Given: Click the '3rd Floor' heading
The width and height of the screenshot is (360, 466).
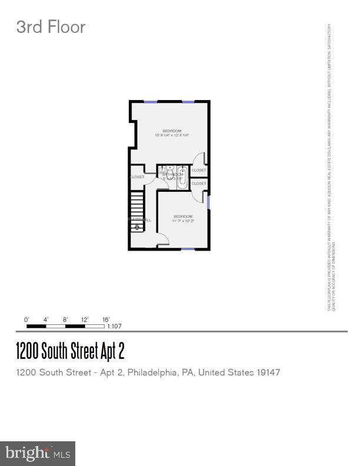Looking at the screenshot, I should [x=51, y=27].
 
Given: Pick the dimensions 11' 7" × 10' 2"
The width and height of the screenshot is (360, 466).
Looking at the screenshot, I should [x=183, y=221].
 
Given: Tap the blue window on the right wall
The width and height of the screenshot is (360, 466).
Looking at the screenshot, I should [x=208, y=201].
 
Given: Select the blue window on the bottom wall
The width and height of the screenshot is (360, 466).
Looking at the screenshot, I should [x=188, y=249].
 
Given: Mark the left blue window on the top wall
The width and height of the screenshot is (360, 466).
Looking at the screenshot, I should [x=151, y=102].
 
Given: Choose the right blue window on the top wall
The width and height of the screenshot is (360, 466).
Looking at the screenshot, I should [x=188, y=102].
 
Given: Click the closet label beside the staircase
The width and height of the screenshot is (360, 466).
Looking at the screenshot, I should [x=137, y=177].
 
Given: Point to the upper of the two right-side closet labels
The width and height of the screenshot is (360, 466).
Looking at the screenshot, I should [x=199, y=170].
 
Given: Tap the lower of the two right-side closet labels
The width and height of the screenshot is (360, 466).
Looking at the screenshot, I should [x=199, y=184].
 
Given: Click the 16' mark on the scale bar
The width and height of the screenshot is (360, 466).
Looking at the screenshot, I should [x=106, y=319].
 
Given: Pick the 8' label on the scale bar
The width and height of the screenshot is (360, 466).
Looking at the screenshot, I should [x=65, y=319].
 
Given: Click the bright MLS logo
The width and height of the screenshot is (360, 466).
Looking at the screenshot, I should [x=38, y=454].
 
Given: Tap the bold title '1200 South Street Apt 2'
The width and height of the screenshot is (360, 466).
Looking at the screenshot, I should [x=70, y=351].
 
